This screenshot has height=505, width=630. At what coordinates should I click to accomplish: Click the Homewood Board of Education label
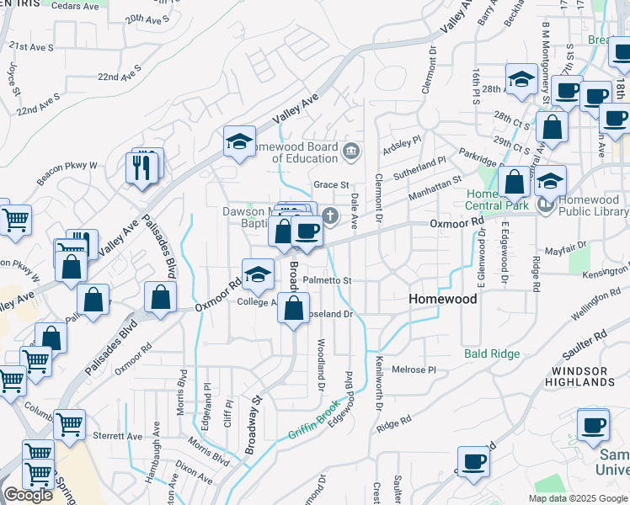pos(295,152)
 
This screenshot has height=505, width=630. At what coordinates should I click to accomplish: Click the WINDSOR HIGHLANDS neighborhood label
pos(583,376)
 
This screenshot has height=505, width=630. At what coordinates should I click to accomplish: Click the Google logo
pos(28,495)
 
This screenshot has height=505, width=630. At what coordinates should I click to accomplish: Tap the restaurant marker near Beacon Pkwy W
pos(142,167)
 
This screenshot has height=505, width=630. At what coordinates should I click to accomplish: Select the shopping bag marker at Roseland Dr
pos(293,309)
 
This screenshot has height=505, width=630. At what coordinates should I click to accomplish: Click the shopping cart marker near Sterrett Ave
pos(69,424)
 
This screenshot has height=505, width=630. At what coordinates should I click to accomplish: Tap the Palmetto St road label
pos(327,279)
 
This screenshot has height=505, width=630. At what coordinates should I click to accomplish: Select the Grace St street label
pos(331,184)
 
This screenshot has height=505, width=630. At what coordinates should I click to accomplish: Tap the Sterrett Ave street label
pos(122,436)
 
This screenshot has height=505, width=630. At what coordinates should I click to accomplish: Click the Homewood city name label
pos(442,299)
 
